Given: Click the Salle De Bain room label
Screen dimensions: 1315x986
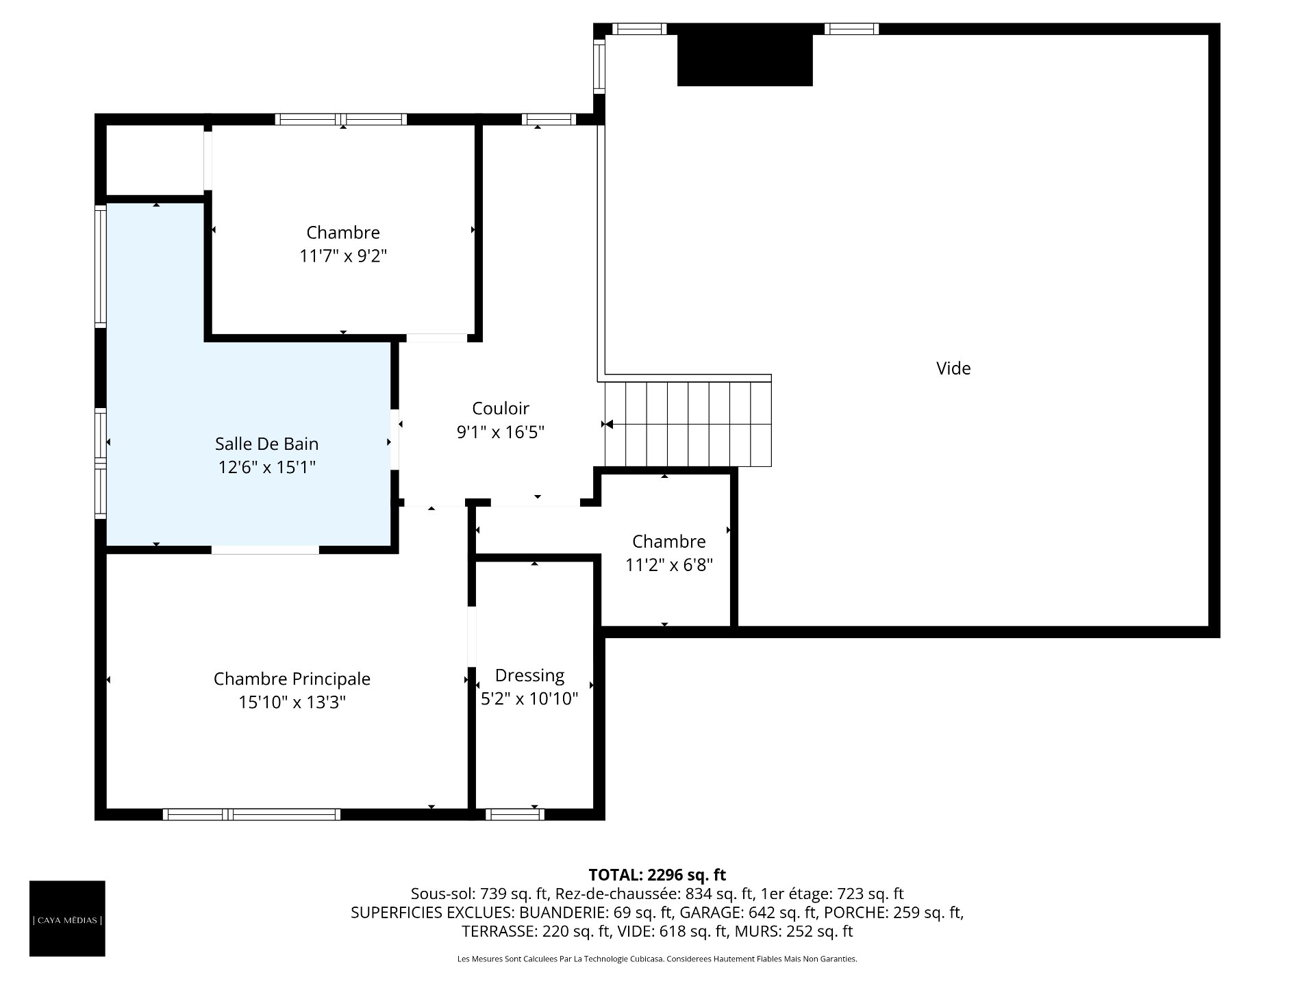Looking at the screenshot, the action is click(266, 444).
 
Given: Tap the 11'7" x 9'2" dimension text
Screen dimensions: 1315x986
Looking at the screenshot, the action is click(343, 256).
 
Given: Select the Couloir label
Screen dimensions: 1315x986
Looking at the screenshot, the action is click(501, 409).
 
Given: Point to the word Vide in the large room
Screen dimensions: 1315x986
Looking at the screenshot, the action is click(953, 368).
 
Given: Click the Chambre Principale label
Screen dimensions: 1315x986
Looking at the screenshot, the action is click(292, 679).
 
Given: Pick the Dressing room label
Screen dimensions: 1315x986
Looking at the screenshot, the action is click(529, 676).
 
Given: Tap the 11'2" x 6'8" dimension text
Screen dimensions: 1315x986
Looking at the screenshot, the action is click(669, 566).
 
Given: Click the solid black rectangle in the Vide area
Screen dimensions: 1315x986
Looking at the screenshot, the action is click(744, 60).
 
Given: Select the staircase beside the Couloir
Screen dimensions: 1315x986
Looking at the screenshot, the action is click(688, 425).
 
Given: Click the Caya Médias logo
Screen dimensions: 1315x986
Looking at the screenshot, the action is click(67, 918).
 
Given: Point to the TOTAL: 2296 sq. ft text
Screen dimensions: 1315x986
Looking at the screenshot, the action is click(657, 874).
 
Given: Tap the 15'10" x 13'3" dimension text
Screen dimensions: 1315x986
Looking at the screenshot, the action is click(292, 703).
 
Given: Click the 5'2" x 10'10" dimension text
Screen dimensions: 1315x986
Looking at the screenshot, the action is click(529, 699).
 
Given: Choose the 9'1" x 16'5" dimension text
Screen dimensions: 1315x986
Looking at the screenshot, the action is click(501, 432).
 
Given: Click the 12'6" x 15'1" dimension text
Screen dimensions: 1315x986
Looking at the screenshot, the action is click(266, 468).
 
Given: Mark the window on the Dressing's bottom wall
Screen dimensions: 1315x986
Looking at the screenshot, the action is click(515, 814).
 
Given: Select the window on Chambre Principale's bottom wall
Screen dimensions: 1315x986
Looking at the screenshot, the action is click(251, 814).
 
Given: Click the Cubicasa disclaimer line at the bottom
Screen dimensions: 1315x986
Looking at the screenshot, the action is click(657, 959).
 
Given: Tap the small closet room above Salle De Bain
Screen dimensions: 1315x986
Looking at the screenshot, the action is click(155, 160).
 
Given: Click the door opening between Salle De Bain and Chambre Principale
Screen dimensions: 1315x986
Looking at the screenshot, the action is click(265, 549).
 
